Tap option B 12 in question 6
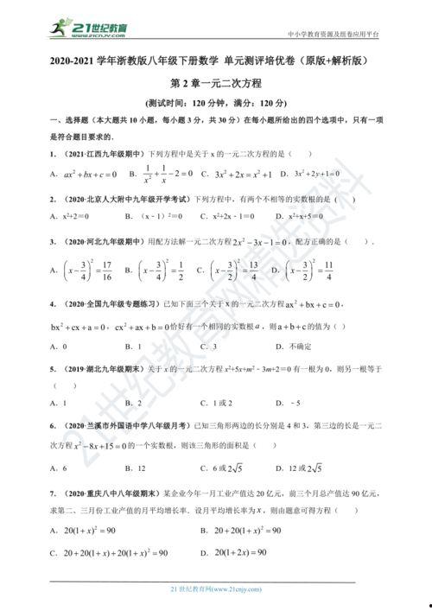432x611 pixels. [133, 468]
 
